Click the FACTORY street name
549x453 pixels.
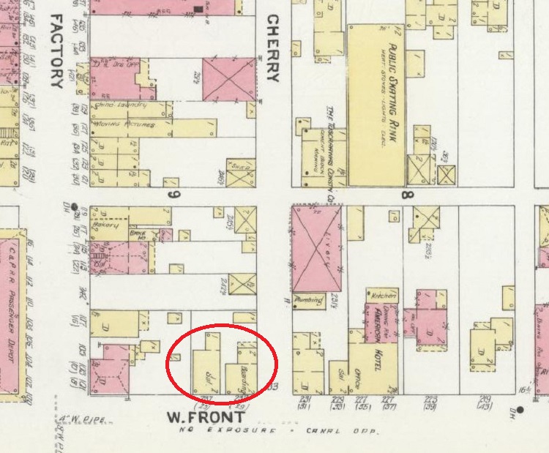[56, 50]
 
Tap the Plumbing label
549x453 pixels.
[307, 299]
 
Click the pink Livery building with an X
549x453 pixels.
[316, 247]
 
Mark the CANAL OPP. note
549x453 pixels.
[355, 432]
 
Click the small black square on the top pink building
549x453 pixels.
[198, 9]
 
